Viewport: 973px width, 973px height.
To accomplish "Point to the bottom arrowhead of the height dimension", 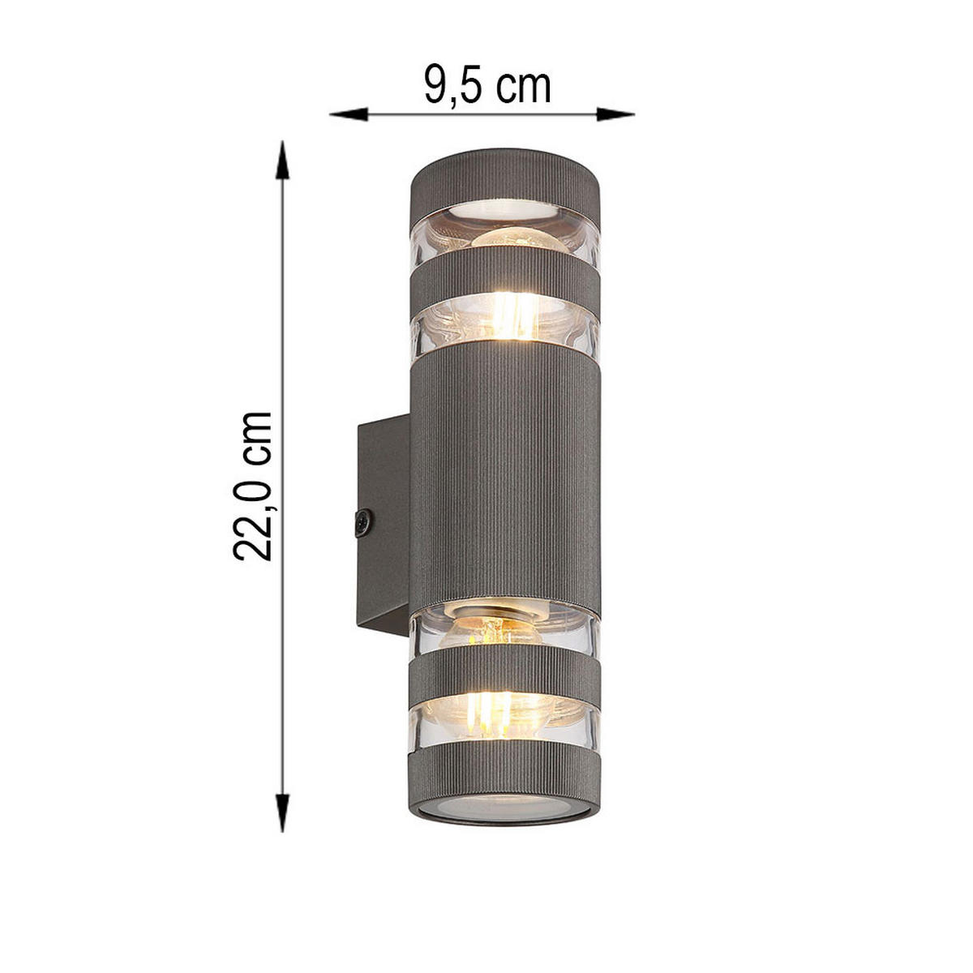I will [281, 815].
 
